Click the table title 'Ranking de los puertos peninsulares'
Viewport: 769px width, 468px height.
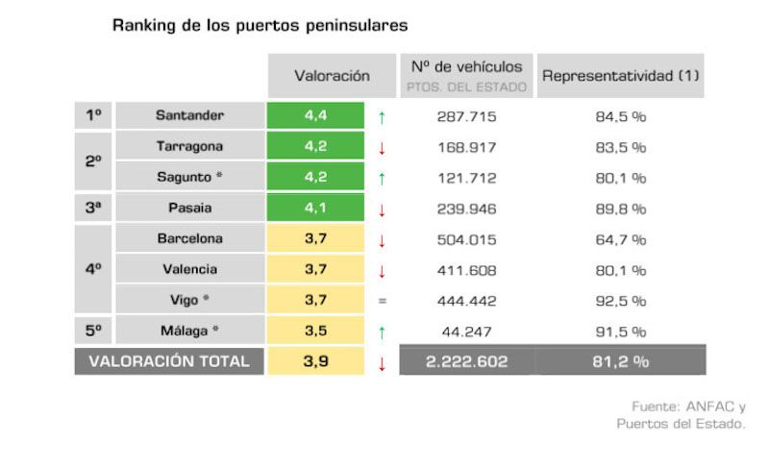click(x=260, y=24)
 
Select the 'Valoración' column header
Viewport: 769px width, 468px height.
click(x=332, y=75)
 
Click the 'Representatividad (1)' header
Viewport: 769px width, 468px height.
click(x=620, y=75)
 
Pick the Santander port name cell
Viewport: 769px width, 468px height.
click(x=189, y=115)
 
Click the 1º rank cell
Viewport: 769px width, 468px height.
click(x=93, y=115)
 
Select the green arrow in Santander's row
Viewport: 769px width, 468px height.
click(x=382, y=116)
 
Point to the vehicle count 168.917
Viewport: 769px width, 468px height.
click(x=466, y=147)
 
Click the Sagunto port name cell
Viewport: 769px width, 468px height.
click(x=189, y=177)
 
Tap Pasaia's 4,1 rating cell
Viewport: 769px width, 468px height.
click(x=316, y=208)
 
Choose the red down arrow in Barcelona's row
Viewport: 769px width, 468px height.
click(x=382, y=239)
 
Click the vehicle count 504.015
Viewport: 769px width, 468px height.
click(x=466, y=239)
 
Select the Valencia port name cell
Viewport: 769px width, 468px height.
click(x=189, y=269)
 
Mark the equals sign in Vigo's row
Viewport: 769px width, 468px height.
click(x=382, y=301)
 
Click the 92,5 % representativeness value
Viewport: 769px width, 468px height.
click(x=620, y=301)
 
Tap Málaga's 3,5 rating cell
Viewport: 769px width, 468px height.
click(x=316, y=331)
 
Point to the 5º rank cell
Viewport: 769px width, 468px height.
click(x=93, y=331)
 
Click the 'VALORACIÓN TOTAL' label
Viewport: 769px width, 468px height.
click(x=169, y=361)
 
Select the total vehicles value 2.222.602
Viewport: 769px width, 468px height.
click(x=466, y=361)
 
